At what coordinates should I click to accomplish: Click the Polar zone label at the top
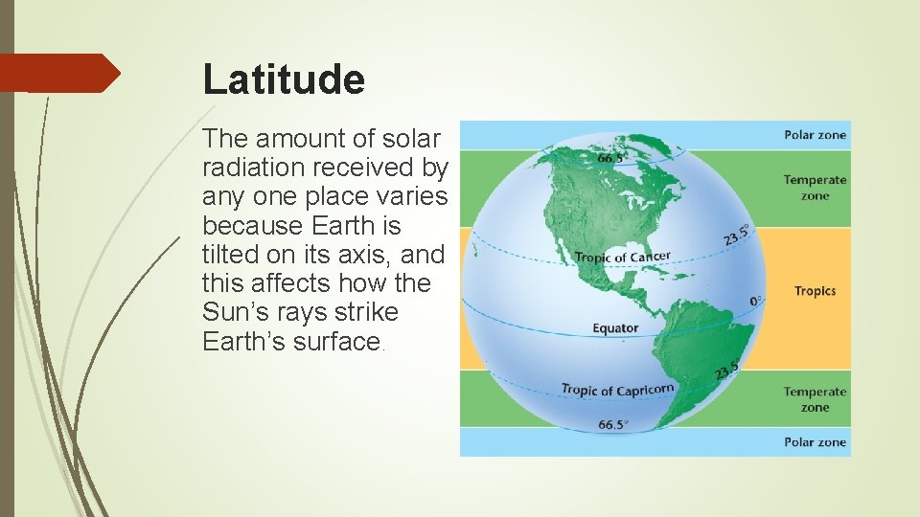tap(815, 135)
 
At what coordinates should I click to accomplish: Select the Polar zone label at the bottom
tap(815, 442)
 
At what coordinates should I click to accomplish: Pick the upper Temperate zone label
tap(815, 188)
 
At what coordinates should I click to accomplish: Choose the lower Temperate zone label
tap(815, 399)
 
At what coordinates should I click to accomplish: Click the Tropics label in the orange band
tap(815, 291)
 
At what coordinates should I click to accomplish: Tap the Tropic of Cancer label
tap(622, 258)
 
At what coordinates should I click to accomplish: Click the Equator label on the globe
tap(615, 328)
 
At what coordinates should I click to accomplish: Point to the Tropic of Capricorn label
tap(617, 389)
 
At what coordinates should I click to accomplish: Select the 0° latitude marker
tap(756, 301)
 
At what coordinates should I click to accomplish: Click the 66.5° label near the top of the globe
tap(614, 158)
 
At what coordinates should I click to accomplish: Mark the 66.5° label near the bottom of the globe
tap(613, 424)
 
